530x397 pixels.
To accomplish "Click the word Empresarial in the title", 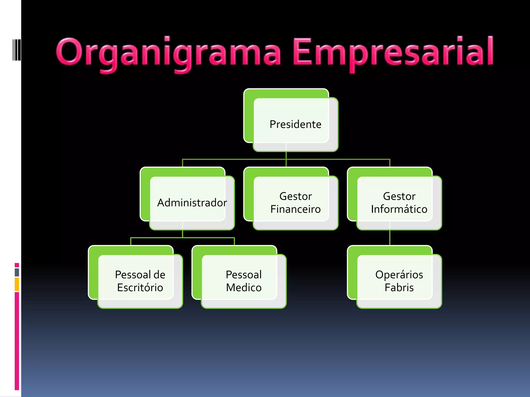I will (393, 53).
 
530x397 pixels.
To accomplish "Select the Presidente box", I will (295, 124).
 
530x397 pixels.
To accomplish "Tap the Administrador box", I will (192, 203).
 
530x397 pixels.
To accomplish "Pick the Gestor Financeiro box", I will (295, 203).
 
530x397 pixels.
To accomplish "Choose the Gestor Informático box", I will (399, 203).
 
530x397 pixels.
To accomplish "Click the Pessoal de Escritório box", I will (140, 281).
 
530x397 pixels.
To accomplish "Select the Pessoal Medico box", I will (244, 281).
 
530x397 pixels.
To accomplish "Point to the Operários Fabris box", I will (399, 281).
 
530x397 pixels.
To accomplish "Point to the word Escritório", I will (140, 288).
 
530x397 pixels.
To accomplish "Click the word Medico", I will (244, 288).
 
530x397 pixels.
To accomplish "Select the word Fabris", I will (399, 288).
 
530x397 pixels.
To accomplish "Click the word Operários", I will (399, 275).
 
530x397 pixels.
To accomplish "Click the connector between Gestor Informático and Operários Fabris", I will (390, 238).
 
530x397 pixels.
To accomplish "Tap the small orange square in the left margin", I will (17, 284).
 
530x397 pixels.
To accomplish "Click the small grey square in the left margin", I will (17, 272).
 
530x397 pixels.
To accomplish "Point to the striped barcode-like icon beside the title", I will (17, 50).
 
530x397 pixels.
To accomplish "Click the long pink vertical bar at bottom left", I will (17, 341).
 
